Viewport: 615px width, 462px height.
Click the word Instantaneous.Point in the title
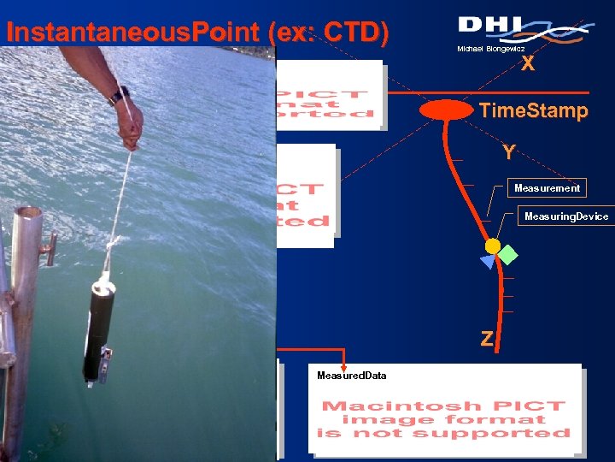tap(132, 33)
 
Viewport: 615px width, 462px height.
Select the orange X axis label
tap(528, 64)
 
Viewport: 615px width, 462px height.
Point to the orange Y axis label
tap(508, 152)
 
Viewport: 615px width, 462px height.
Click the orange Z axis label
tap(486, 339)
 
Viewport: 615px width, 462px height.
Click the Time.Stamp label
tap(533, 110)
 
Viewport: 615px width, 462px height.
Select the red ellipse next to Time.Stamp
tap(445, 110)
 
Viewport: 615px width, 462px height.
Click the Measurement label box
tap(547, 188)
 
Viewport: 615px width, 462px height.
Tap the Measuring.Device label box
tap(565, 216)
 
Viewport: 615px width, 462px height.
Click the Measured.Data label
tap(351, 376)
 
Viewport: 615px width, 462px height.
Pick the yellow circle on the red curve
tap(492, 246)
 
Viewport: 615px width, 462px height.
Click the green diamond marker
tap(508, 254)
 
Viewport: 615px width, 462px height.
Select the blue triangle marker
tap(487, 262)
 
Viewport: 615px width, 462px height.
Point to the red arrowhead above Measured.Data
tap(343, 363)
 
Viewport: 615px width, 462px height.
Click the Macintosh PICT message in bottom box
tap(443, 419)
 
